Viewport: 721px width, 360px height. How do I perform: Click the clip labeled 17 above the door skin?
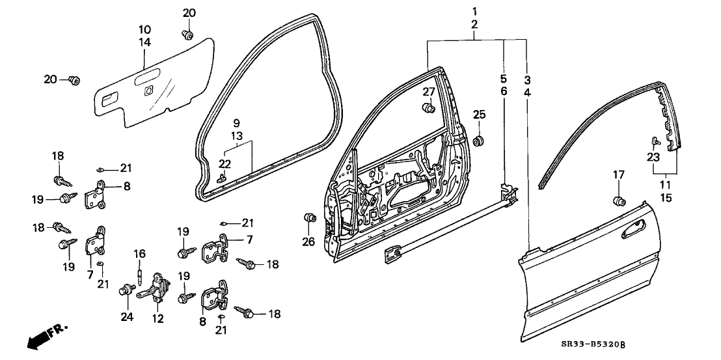pos(619,199)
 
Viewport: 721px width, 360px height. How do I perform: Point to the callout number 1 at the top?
pos(474,11)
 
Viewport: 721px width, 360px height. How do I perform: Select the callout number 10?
pos(144,29)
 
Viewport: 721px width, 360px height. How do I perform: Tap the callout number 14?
pos(144,42)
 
